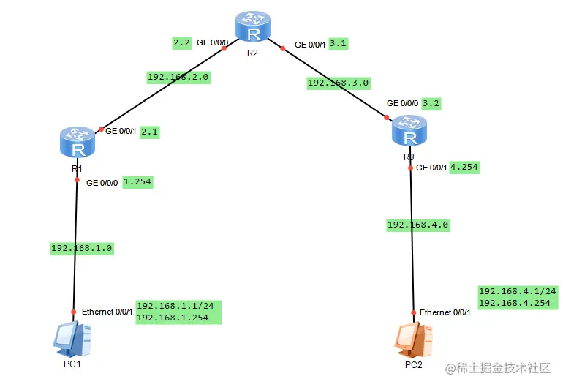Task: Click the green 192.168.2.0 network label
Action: tap(178, 77)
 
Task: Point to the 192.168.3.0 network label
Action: tap(338, 83)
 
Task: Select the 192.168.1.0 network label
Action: tap(81, 248)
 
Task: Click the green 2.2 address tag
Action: tap(182, 43)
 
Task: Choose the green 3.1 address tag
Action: tap(339, 44)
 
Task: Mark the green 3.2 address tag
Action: tap(432, 103)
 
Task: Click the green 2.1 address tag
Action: tap(149, 132)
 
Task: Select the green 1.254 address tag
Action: tap(137, 181)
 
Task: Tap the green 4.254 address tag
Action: tap(464, 167)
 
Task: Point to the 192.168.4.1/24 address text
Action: tap(518, 290)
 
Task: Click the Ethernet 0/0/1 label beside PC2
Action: tap(445, 312)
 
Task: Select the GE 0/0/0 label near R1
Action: tap(102, 182)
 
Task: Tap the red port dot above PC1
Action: tap(73, 311)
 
